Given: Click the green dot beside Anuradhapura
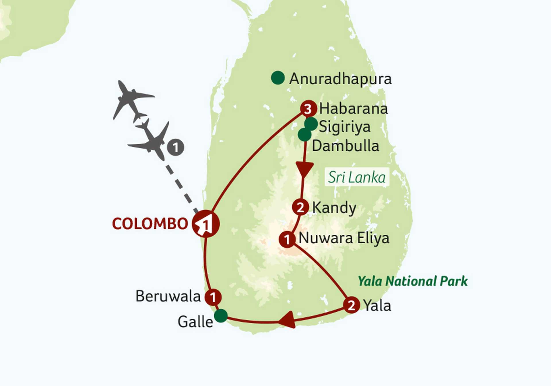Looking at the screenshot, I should click(278, 78).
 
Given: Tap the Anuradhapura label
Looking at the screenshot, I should click(340, 79).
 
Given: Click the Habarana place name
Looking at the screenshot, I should click(354, 109).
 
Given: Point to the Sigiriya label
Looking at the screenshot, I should click(345, 127).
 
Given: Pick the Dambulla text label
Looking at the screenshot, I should click(346, 146).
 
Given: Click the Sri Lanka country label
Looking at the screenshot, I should click(357, 177).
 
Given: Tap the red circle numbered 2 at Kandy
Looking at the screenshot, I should click(300, 207).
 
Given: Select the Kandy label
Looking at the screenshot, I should click(334, 208).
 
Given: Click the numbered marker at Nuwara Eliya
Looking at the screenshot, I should click(287, 239).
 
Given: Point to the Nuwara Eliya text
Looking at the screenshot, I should click(344, 238).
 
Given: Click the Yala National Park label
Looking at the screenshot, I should click(413, 281).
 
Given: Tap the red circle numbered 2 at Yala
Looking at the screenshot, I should click(352, 305).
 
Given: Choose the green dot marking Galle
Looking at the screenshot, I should click(221, 316).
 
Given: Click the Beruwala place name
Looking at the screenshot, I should click(168, 296).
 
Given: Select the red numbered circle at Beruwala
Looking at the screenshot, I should click(213, 297).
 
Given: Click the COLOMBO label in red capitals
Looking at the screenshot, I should click(150, 224).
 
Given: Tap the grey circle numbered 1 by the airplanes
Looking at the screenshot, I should click(176, 148).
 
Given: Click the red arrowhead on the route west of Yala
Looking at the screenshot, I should click(288, 319).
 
